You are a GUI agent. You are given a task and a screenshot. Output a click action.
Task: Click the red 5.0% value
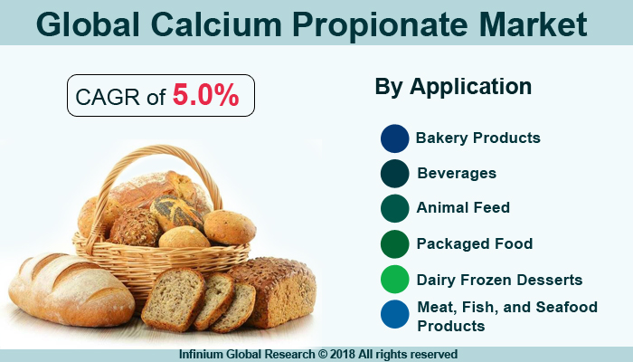pos(205,96)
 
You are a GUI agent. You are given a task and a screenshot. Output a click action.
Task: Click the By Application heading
pos(453,87)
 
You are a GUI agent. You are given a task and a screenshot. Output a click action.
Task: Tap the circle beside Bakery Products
pos(395,138)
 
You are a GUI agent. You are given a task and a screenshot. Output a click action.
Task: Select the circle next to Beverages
pos(395,173)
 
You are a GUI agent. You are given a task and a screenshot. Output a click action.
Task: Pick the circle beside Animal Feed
pos(395,208)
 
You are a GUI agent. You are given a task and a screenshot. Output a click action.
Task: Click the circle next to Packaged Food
pos(395,243)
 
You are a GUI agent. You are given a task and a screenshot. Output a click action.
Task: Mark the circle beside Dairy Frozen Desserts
pos(395,280)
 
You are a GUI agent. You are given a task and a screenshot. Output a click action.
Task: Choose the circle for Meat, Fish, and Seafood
pos(395,315)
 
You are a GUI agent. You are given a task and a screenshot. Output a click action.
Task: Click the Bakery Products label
pos(478,138)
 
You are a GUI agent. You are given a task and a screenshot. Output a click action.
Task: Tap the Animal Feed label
pos(463,208)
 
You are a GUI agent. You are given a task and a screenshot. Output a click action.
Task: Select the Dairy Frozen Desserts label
pos(499,280)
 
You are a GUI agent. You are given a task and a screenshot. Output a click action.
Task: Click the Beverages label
pos(457,173)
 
